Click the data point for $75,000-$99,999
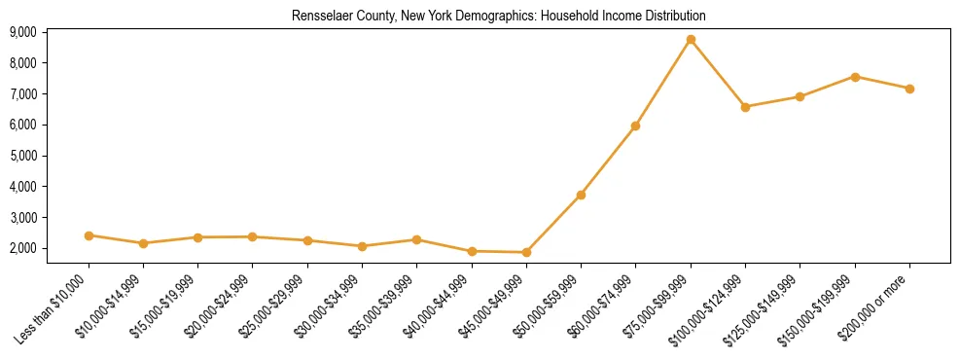[x=691, y=40]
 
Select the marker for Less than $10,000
[x=89, y=235]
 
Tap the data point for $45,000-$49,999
[x=526, y=253]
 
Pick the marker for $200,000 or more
[x=909, y=89]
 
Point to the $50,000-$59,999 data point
[x=581, y=196]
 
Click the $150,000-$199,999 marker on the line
[x=855, y=77]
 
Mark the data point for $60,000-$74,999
[x=635, y=126]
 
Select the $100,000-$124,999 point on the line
[x=745, y=107]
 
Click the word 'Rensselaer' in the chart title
[x=315, y=16]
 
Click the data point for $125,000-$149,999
[x=800, y=96]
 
